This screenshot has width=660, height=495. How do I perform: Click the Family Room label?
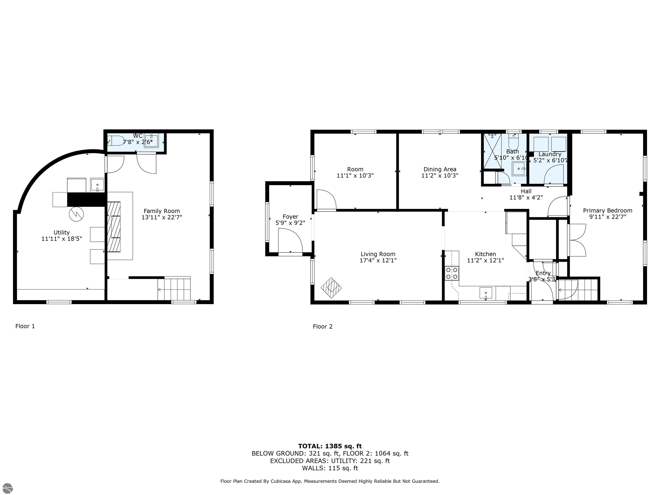pyautogui.click(x=162, y=211)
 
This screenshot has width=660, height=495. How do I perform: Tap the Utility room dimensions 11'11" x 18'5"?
pyautogui.click(x=61, y=239)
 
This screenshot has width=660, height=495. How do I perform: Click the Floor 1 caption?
pyautogui.click(x=25, y=326)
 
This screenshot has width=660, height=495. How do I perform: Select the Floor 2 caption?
pyautogui.click(x=322, y=326)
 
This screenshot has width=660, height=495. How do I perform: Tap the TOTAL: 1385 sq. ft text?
pyautogui.click(x=330, y=446)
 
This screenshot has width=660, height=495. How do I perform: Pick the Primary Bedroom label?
pyautogui.click(x=608, y=210)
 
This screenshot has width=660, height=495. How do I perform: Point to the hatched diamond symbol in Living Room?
pyautogui.click(x=331, y=288)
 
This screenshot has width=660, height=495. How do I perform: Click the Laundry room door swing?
pyautogui.click(x=554, y=176)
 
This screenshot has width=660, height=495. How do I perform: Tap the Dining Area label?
pyautogui.click(x=440, y=169)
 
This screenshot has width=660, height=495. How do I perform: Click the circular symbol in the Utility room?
pyautogui.click(x=76, y=214)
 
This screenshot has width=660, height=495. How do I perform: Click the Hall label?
pyautogui.click(x=526, y=191)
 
